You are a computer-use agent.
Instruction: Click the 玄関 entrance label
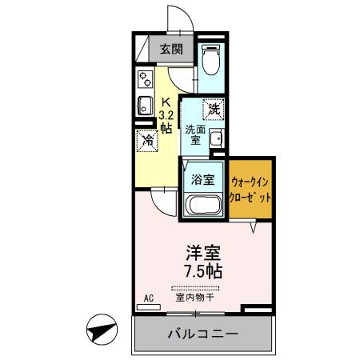170,50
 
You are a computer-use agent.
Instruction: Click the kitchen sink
146,106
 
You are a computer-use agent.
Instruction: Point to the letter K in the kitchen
167,102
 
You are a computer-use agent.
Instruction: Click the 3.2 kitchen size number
166,114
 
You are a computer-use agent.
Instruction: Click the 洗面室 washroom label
194,134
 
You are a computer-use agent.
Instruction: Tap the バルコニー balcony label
202,334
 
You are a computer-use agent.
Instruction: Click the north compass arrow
99,328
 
